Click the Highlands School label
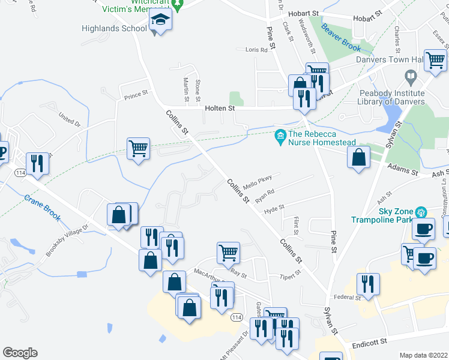pos(115,28)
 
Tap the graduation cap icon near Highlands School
pos(160,20)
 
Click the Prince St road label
pos(136,95)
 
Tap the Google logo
pos(20,353)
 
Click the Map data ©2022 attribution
pos(424,355)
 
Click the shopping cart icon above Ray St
pos(228,253)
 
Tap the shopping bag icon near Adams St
pos(359,158)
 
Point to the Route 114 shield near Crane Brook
pos(17,172)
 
